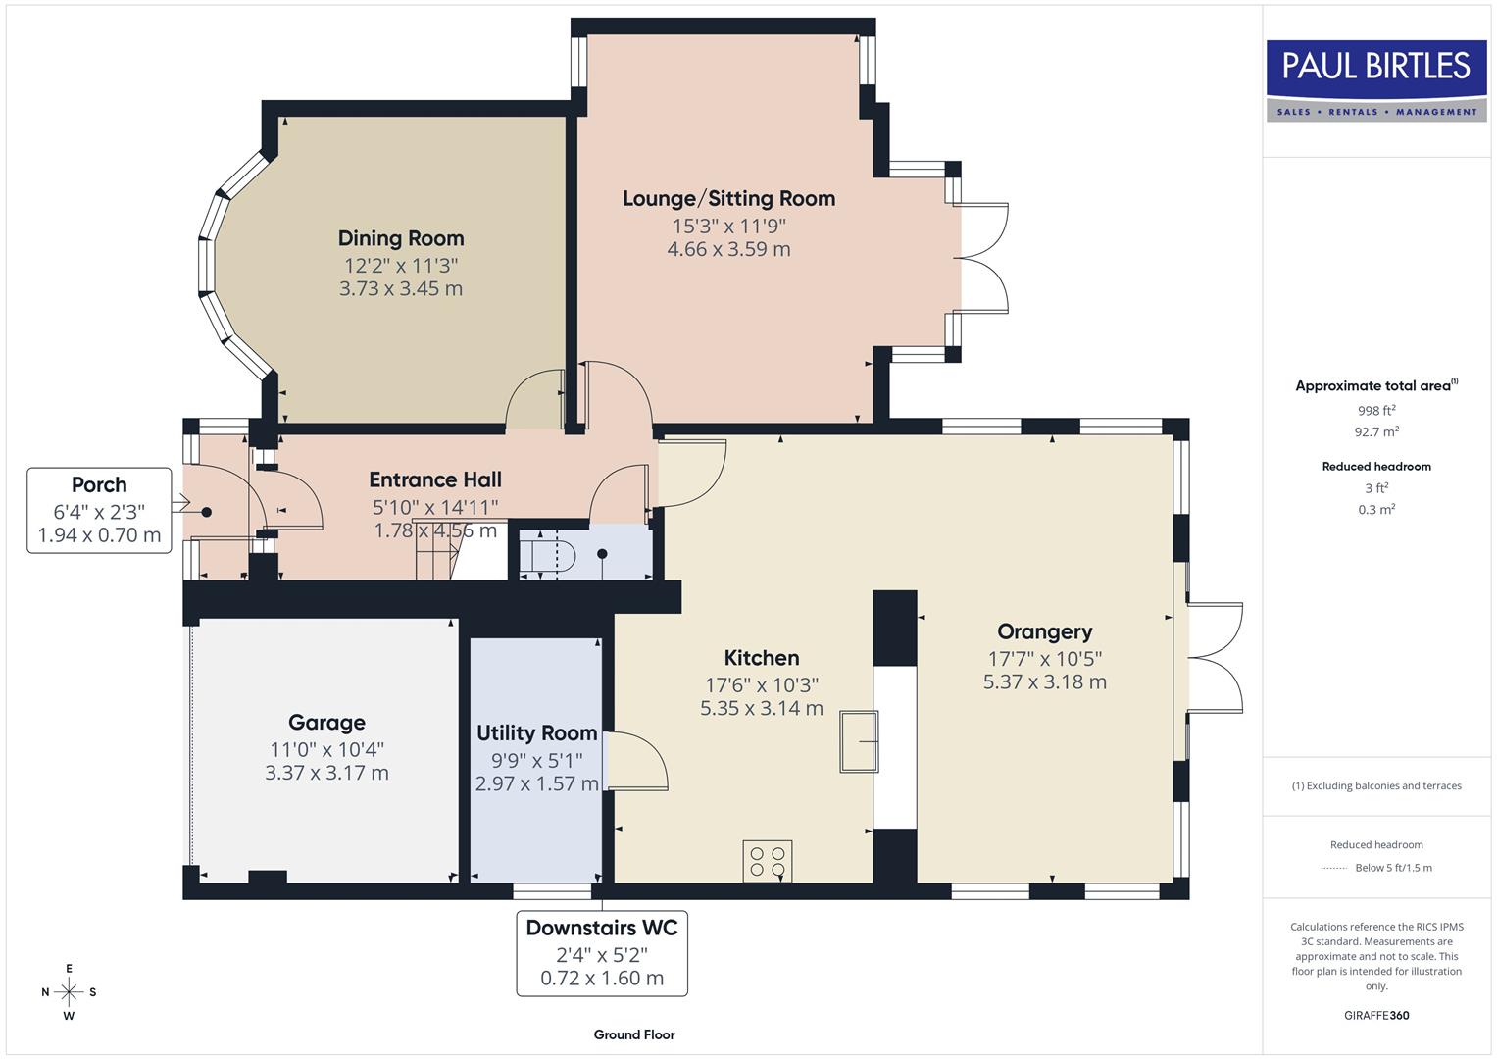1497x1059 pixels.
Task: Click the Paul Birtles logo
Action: pos(1376,80)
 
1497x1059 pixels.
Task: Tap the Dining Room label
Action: pos(401,238)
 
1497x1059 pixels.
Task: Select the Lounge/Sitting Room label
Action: pos(728,198)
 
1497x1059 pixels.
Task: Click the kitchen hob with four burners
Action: pos(767,861)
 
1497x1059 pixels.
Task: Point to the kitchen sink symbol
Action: pos(859,741)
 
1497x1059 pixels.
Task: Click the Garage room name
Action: pos(326,723)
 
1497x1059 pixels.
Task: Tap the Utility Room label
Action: pos(536,733)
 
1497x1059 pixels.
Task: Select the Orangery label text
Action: pos(1044,632)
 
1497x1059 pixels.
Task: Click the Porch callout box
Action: pos(99,510)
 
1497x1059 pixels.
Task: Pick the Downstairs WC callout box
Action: pos(602,953)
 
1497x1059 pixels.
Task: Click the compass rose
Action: pos(69,992)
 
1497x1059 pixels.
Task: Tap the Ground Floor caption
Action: pos(634,1034)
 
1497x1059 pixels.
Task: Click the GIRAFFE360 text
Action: pos(1376,1015)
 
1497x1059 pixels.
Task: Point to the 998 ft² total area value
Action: pos(1376,411)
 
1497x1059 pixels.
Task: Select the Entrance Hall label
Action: pos(435,480)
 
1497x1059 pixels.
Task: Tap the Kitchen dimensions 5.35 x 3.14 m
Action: pos(761,708)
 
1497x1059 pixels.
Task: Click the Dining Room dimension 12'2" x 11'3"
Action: pos(401,266)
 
